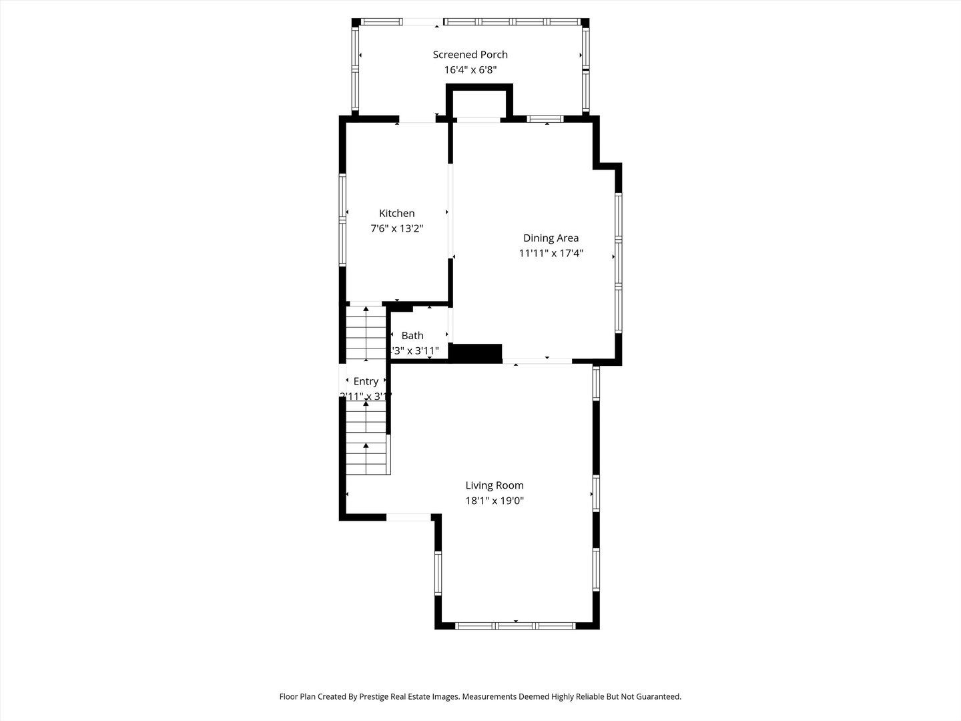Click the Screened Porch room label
point(470,55)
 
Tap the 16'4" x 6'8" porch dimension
point(470,70)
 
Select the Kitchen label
point(396,213)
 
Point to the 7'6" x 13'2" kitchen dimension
point(396,228)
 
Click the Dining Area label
point(551,238)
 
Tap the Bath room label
point(412,335)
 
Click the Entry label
point(366,381)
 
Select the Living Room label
point(495,485)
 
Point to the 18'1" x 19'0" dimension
point(495,501)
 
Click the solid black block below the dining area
point(476,352)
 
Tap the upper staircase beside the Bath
point(366,334)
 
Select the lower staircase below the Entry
point(366,441)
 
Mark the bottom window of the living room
point(515,626)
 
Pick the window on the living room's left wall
point(438,573)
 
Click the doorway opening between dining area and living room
point(537,361)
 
